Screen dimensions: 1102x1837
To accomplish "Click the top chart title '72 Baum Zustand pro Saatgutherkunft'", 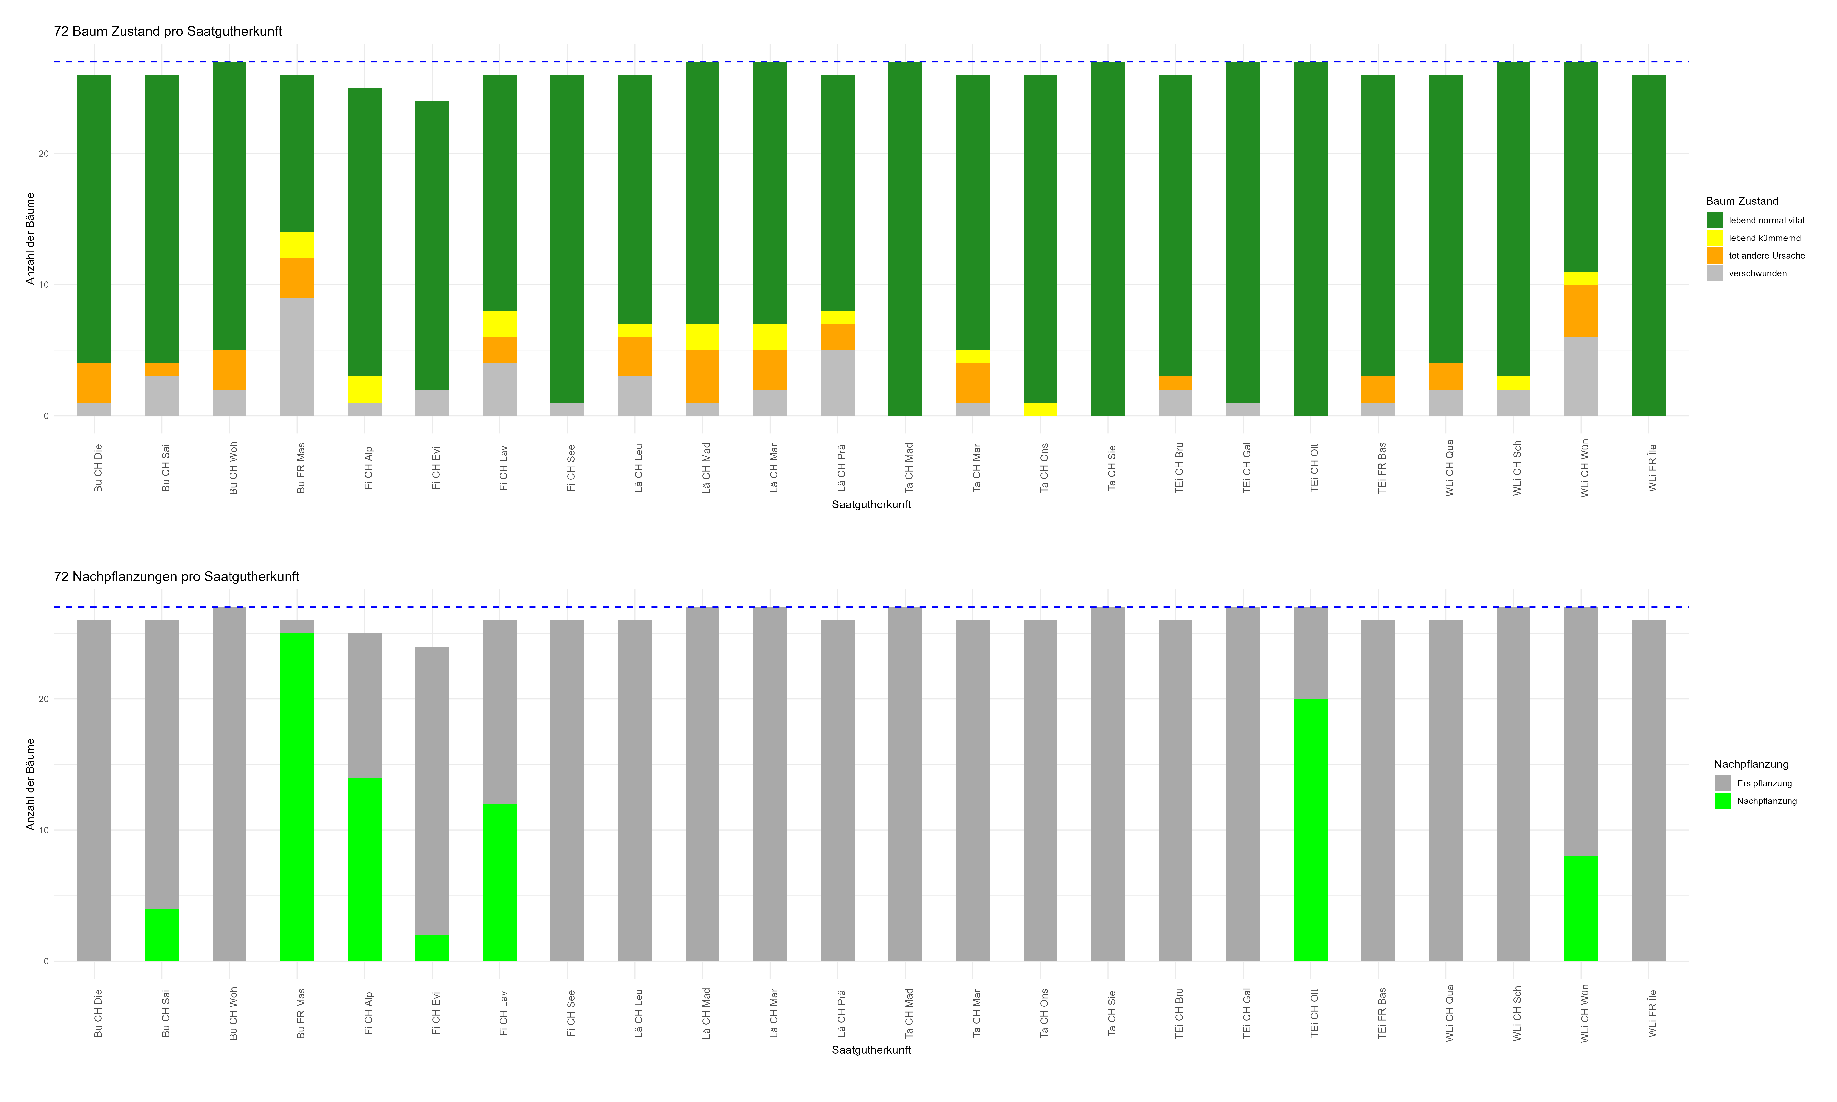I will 168,31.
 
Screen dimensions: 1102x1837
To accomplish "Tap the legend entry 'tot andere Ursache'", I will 1766,255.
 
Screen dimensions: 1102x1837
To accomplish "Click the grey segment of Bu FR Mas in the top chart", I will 297,357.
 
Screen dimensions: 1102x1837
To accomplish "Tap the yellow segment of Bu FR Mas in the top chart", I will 297,245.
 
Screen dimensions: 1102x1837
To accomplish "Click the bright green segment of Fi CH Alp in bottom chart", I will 364,869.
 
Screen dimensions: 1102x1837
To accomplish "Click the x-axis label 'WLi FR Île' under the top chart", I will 1652,468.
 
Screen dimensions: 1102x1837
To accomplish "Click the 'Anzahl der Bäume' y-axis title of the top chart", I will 30,238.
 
